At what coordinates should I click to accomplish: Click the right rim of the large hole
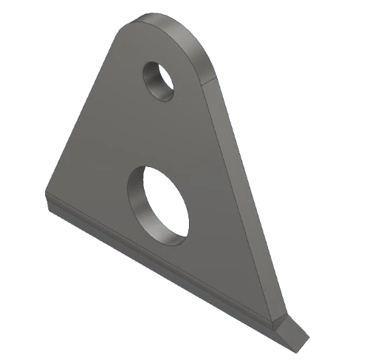tap(188, 214)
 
